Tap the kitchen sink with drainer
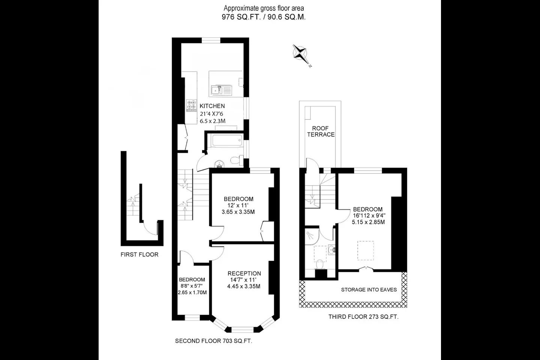pyautogui.click(x=221, y=90)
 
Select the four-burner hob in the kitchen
pyautogui.click(x=192, y=106)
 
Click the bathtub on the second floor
pyautogui.click(x=227, y=141)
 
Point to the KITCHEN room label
pyautogui.click(x=212, y=106)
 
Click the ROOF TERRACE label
pyautogui.click(x=321, y=131)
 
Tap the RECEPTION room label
pyautogui.click(x=244, y=273)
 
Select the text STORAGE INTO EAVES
pyautogui.click(x=369, y=289)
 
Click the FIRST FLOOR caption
pyautogui.click(x=139, y=255)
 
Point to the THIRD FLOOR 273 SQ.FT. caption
pyautogui.click(x=363, y=317)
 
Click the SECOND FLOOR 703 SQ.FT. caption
pyautogui.click(x=214, y=341)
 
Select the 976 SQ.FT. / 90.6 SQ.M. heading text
pyautogui.click(x=264, y=17)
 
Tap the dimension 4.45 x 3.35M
pyautogui.click(x=244, y=286)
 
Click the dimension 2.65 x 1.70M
pyautogui.click(x=192, y=292)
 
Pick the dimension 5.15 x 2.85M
pyautogui.click(x=368, y=222)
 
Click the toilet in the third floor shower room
pyautogui.click(x=319, y=264)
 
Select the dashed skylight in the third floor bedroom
pyautogui.click(x=366, y=250)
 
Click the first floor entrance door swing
pyautogui.click(x=150, y=229)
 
